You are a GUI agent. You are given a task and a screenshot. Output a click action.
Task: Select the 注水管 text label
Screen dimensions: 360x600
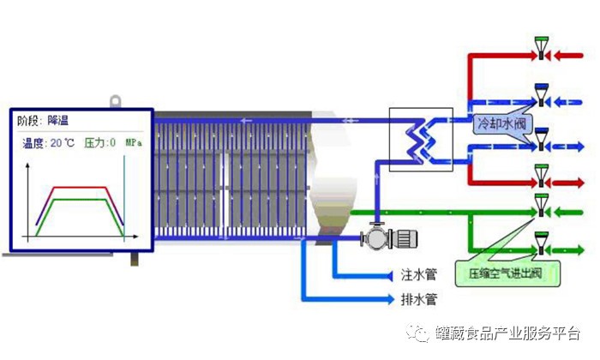pyautogui.click(x=420, y=276)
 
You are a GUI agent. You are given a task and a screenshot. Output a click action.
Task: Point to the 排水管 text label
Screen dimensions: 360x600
pyautogui.click(x=420, y=300)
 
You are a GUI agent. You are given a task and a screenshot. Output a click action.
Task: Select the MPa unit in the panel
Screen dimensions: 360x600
pyautogui.click(x=134, y=142)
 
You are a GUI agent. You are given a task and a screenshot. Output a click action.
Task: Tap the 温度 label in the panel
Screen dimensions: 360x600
pyautogui.click(x=33, y=143)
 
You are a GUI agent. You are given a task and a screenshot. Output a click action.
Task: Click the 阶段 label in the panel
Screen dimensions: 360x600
pyautogui.click(x=31, y=120)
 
